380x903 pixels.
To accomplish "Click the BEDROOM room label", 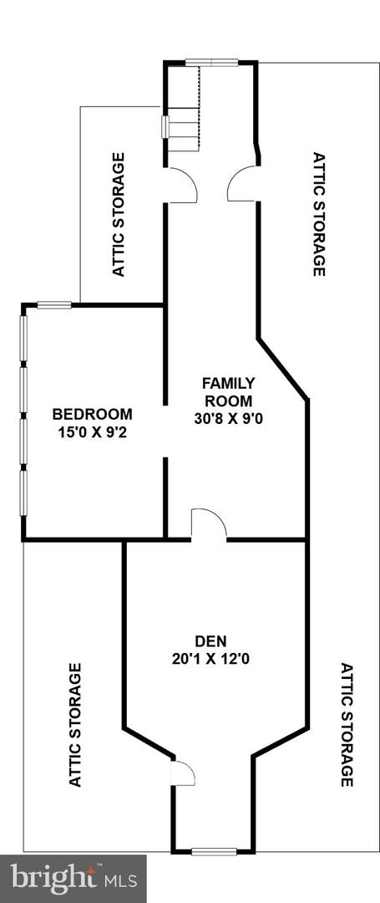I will pyautogui.click(x=92, y=414).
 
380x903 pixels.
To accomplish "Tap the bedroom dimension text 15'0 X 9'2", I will pyautogui.click(x=92, y=433).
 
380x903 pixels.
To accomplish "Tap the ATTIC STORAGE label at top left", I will pyautogui.click(x=119, y=214).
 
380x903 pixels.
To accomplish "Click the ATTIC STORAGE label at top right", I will pyautogui.click(x=318, y=214).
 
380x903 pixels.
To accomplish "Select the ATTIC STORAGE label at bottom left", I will pyautogui.click(x=75, y=724).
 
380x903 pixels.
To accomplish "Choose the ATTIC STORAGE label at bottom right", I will pyautogui.click(x=347, y=724).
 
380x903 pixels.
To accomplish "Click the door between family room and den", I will pyautogui.click(x=209, y=525).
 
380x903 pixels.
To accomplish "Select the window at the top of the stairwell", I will pyautogui.click(x=210, y=60).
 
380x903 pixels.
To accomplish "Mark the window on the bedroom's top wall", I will pyautogui.click(x=53, y=305).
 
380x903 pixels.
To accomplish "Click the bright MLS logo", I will pyautogui.click(x=73, y=878).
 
